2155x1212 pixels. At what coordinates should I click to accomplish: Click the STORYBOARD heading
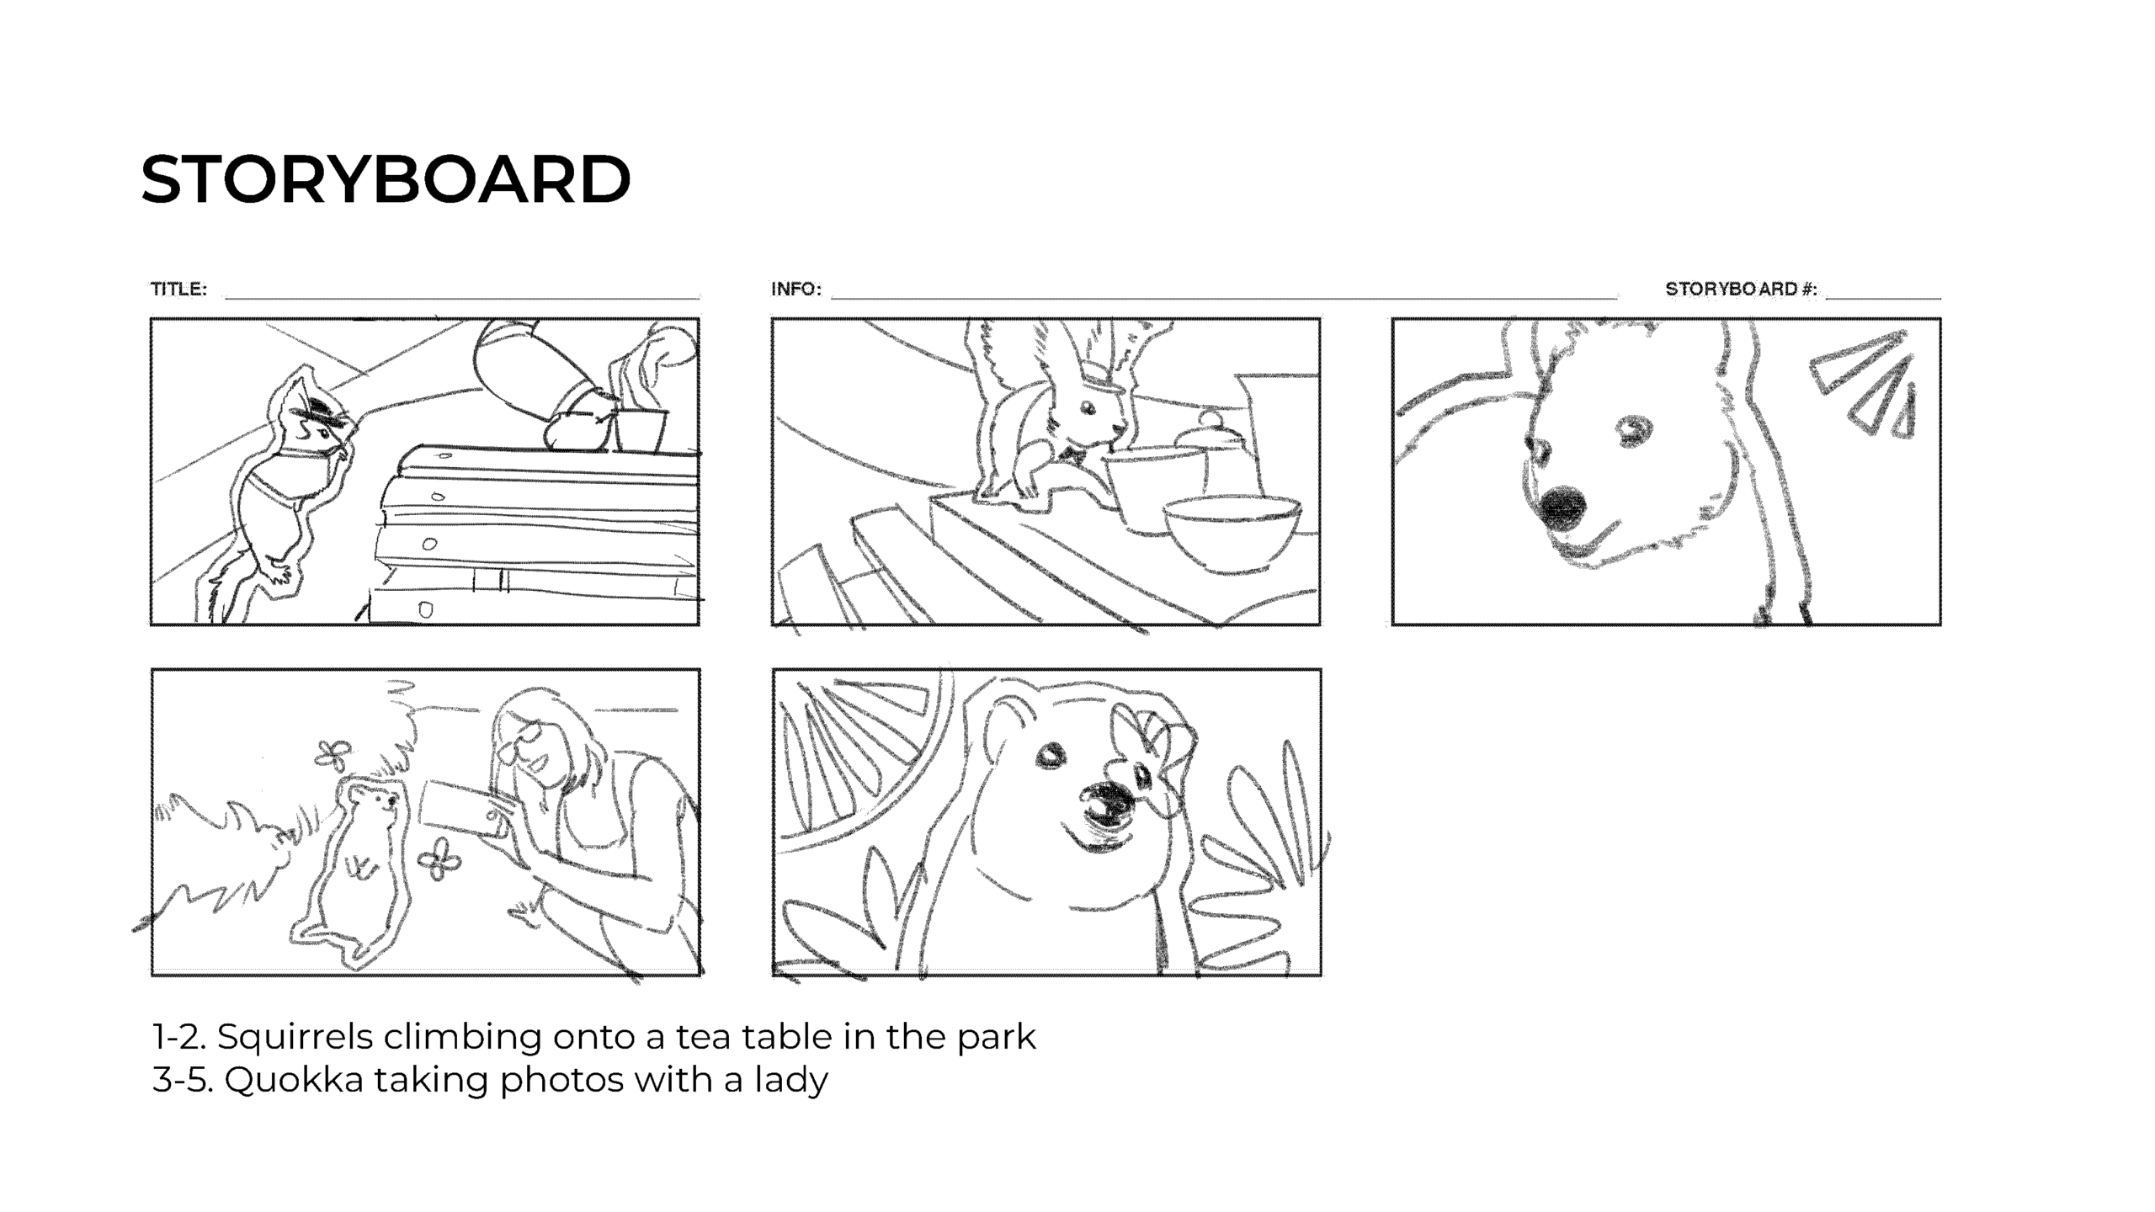pyautogui.click(x=386, y=179)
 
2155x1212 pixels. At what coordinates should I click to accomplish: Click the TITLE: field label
pyautogui.click(x=178, y=289)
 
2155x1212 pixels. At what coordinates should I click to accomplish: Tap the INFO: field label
pyautogui.click(x=796, y=289)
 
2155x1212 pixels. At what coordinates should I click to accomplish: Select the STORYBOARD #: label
pyautogui.click(x=1741, y=289)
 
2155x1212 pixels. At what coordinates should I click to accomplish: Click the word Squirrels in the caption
pyautogui.click(x=295, y=1037)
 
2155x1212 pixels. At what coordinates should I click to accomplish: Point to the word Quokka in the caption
pyautogui.click(x=294, y=1080)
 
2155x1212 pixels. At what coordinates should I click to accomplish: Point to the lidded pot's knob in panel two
pyautogui.click(x=1209, y=418)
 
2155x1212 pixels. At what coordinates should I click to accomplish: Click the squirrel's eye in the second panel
pyautogui.click(x=1088, y=408)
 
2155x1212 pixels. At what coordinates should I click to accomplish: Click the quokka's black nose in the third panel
pyautogui.click(x=1562, y=508)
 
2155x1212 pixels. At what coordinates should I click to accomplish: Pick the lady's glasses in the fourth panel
pyautogui.click(x=524, y=742)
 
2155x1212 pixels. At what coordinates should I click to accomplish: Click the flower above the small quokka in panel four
pyautogui.click(x=333, y=754)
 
